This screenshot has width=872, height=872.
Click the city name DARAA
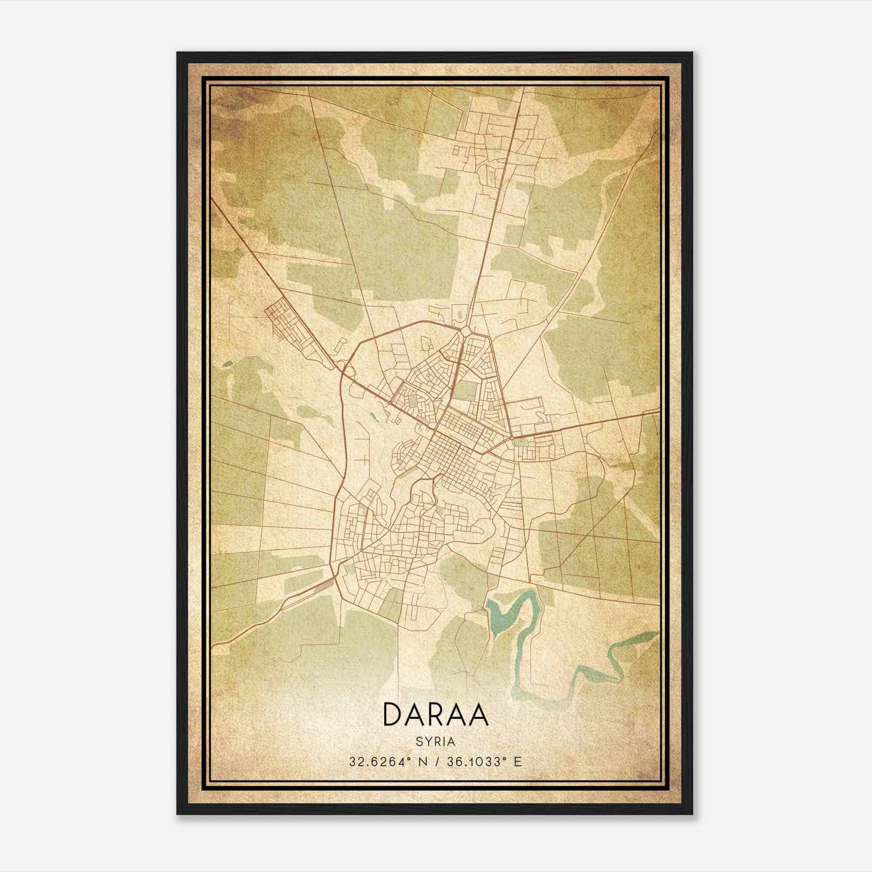pos(435,714)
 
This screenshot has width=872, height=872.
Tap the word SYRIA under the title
pos(435,742)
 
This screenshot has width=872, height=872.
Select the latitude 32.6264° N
pos(387,761)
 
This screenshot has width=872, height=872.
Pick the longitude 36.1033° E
pos(484,761)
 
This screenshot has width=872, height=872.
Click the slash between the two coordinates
pos(436,761)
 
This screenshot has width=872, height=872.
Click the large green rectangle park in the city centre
pos(465,390)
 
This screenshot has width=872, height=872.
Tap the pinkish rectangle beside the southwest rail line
pos(324,585)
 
